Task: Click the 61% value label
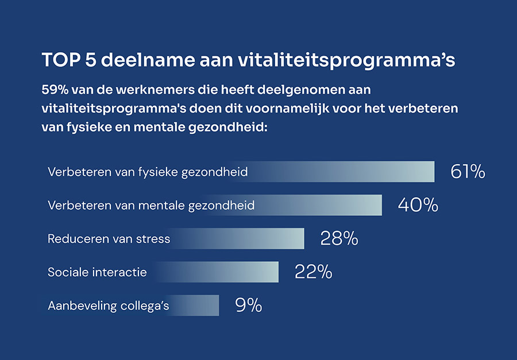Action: [468, 172]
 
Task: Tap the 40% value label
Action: [418, 205]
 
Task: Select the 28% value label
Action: [339, 238]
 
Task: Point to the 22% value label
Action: [313, 272]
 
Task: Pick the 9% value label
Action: [249, 305]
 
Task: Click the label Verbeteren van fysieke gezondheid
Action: [148, 172]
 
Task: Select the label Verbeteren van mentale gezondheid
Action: [151, 205]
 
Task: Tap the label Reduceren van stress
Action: [109, 238]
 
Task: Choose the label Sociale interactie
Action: [97, 272]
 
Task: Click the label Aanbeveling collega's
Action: [108, 305]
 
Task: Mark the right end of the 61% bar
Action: [433, 172]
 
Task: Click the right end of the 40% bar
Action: [380, 205]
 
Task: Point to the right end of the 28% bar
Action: [303, 238]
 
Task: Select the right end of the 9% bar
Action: [218, 305]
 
